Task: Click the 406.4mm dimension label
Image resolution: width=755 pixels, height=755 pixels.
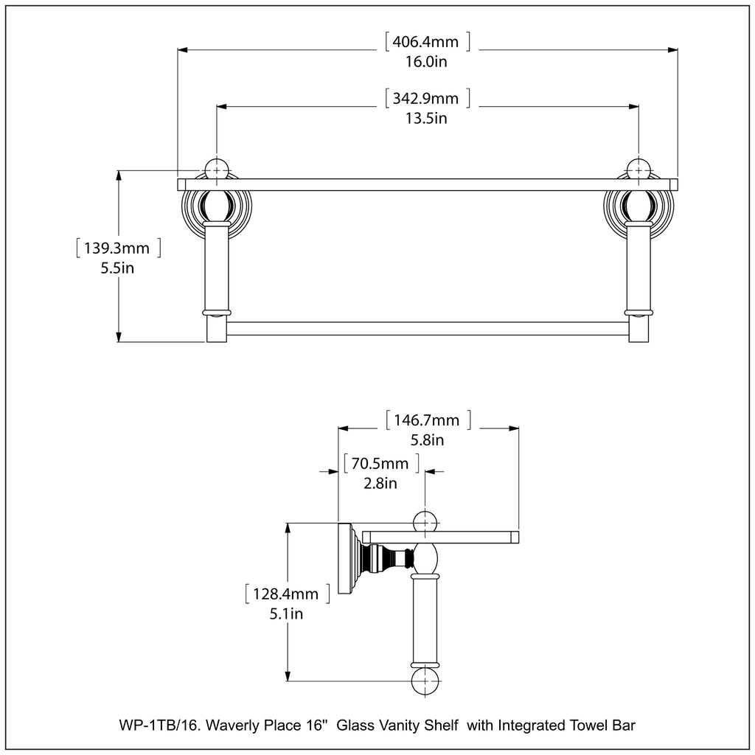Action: pos(427,41)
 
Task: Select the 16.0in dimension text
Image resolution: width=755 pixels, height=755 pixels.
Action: pos(427,61)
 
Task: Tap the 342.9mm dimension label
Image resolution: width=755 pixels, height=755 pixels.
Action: pos(427,98)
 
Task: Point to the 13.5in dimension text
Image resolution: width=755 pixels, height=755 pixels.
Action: pos(427,118)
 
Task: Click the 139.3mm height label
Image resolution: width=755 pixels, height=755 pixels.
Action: pos(118,248)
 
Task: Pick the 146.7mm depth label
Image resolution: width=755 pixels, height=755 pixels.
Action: pos(427,420)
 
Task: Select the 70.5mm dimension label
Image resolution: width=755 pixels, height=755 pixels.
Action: pos(380,464)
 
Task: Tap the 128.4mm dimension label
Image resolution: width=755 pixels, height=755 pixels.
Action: pos(287,594)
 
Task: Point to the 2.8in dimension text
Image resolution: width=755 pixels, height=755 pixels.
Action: pos(380,484)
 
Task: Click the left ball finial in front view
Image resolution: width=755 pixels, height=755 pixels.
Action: pos(217,169)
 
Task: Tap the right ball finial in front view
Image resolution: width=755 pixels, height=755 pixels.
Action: pos(639,169)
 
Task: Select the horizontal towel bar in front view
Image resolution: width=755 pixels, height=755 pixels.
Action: pos(428,329)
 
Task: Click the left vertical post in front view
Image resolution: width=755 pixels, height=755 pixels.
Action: pos(217,269)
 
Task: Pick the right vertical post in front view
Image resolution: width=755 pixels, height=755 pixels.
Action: pos(639,269)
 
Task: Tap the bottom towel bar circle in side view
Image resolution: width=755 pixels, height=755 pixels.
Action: pos(425,681)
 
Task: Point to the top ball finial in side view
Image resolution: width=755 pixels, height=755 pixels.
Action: pos(425,522)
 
